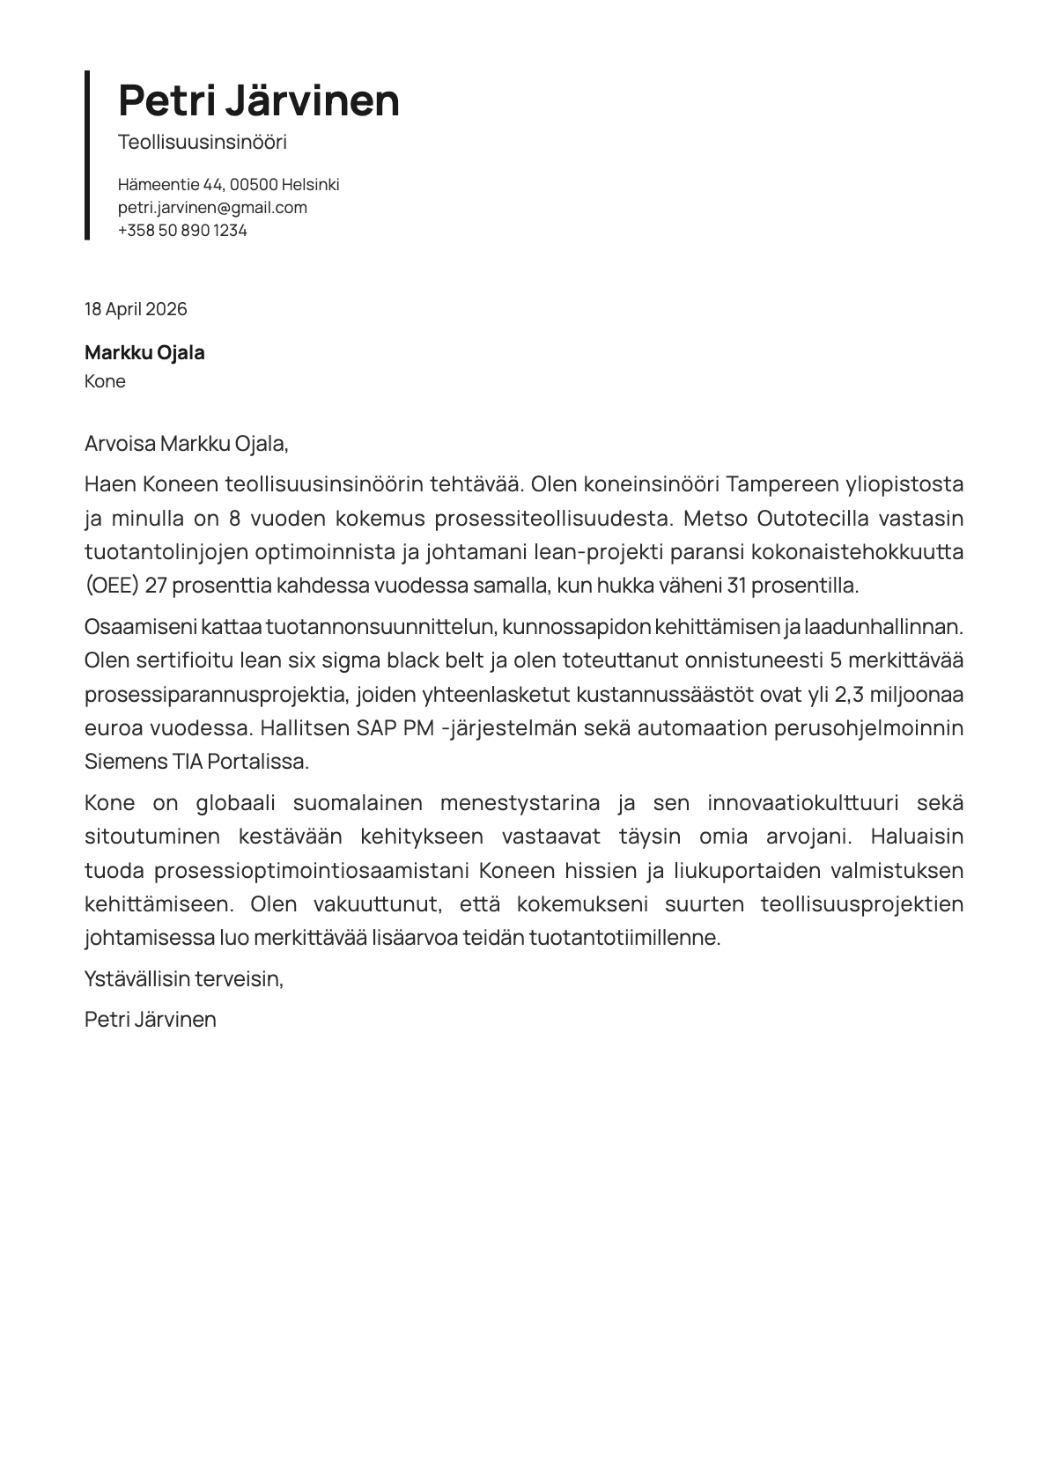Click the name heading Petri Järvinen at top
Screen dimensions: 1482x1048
tap(258, 100)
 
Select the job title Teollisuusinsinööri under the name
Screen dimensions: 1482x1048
tap(203, 143)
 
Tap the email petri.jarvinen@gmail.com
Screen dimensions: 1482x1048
tap(212, 208)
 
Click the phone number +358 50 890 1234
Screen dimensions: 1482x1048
tap(182, 231)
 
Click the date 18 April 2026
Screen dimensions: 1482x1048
tap(136, 309)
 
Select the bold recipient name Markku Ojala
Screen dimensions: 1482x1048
tap(144, 353)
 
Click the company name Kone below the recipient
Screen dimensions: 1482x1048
tap(105, 381)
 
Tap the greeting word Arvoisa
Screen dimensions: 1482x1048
tap(120, 444)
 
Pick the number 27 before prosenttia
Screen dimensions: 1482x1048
tap(156, 586)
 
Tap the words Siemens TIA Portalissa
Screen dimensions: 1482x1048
tap(196, 762)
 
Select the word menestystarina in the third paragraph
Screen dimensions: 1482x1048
tap(520, 803)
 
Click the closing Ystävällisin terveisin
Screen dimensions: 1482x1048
tap(184, 978)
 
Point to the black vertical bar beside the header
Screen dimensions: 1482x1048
tap(87, 155)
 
